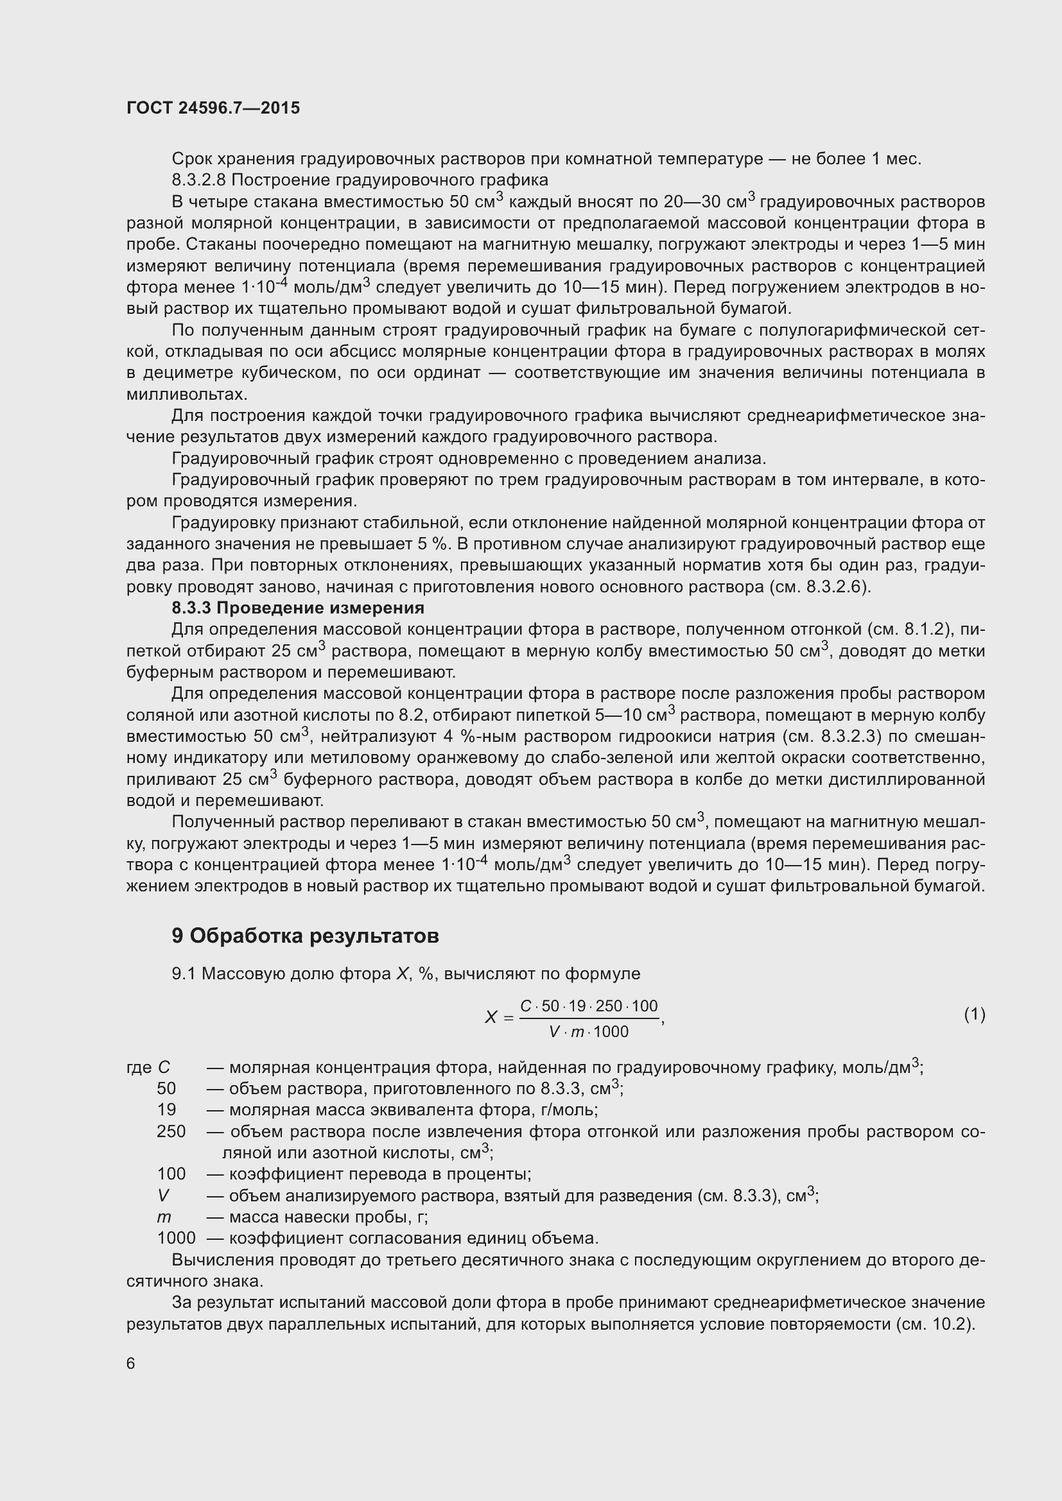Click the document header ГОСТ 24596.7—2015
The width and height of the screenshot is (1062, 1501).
(213, 108)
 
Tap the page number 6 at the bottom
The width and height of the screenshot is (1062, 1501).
(131, 1363)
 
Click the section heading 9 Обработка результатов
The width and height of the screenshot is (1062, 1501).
(305, 936)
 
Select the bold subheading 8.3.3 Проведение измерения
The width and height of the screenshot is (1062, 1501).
(298, 608)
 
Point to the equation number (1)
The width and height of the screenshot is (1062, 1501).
(975, 1015)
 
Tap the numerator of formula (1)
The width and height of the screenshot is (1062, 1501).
(589, 1006)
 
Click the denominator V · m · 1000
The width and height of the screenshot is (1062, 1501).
(589, 1032)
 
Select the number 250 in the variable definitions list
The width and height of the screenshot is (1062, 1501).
(171, 1131)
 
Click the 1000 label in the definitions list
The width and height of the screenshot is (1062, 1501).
(177, 1238)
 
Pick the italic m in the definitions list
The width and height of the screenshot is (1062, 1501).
(164, 1217)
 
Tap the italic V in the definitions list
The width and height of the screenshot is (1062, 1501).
(163, 1195)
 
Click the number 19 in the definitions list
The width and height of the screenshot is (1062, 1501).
(167, 1110)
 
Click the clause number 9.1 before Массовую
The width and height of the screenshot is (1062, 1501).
(184, 974)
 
